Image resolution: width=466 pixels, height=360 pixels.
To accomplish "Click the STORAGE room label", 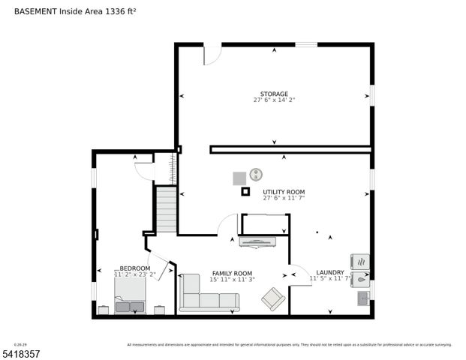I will tap(274, 94).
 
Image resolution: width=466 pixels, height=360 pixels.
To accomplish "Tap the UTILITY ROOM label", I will tap(284, 192).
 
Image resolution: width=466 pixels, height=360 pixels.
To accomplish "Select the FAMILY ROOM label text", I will tap(232, 274).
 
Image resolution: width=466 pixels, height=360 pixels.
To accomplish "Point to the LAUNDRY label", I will tap(330, 272).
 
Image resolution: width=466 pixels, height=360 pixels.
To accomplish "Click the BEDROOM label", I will tap(135, 268).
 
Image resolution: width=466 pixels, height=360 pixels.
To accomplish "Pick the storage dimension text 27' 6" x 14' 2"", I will tap(274, 100).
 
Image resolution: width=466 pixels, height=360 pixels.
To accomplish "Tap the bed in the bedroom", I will tap(130, 301).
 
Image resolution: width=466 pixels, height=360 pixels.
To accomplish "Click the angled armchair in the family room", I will tap(272, 299).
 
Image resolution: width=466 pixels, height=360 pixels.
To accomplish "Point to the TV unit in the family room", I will tap(257, 241).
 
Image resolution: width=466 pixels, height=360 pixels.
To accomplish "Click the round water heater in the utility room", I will tap(257, 174).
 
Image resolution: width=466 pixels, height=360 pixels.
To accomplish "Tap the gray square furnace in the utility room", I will tap(239, 178).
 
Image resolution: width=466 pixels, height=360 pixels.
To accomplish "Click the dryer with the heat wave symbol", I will tap(361, 262).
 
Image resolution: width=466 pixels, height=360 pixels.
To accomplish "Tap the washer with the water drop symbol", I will tap(361, 278).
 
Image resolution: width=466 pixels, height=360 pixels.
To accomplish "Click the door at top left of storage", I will tap(212, 54).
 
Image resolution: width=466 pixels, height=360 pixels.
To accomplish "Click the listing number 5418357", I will tap(23, 352).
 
